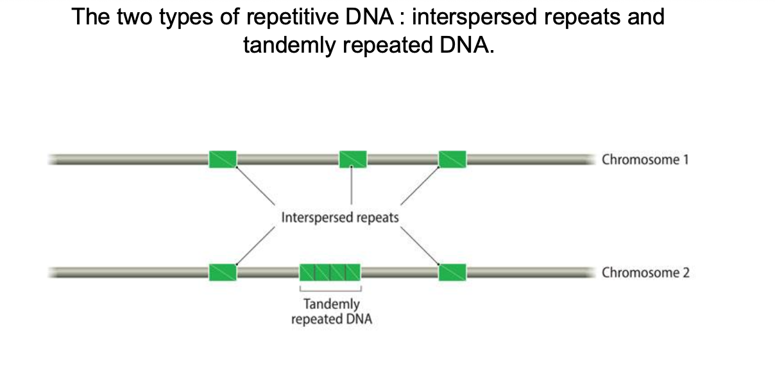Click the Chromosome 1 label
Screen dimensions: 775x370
[645, 160]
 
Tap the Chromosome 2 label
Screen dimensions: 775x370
[645, 272]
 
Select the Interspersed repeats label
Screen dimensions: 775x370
[340, 218]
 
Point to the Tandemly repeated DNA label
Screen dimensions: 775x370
[332, 312]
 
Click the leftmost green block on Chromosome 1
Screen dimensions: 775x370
[223, 159]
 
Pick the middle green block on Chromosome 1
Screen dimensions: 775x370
[353, 159]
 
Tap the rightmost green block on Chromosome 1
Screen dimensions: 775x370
[452, 159]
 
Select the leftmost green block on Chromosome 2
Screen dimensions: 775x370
[223, 272]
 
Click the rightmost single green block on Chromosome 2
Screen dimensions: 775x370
[452, 272]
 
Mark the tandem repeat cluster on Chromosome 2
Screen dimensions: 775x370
[330, 272]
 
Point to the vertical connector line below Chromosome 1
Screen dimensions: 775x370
[352, 186]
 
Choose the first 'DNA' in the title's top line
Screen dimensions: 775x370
[369, 16]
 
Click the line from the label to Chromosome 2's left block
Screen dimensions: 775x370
[256, 245]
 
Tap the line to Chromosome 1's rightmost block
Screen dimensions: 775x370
[420, 186]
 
